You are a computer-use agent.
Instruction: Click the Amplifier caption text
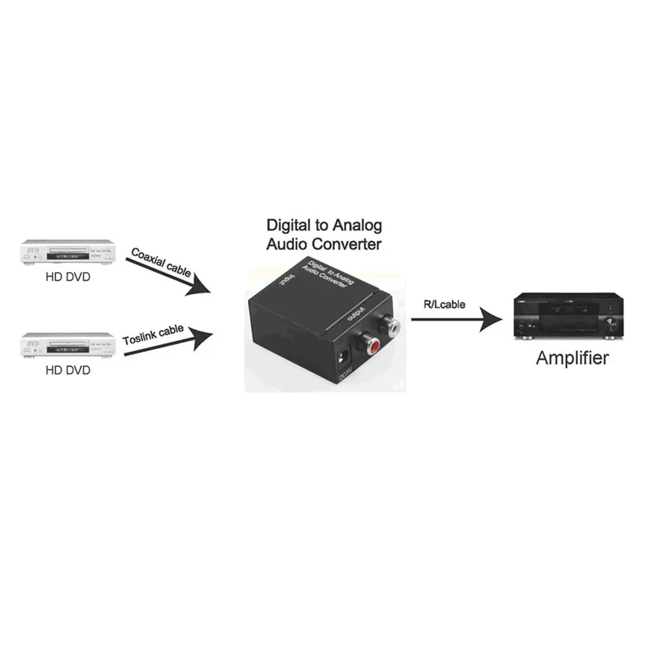572,358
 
